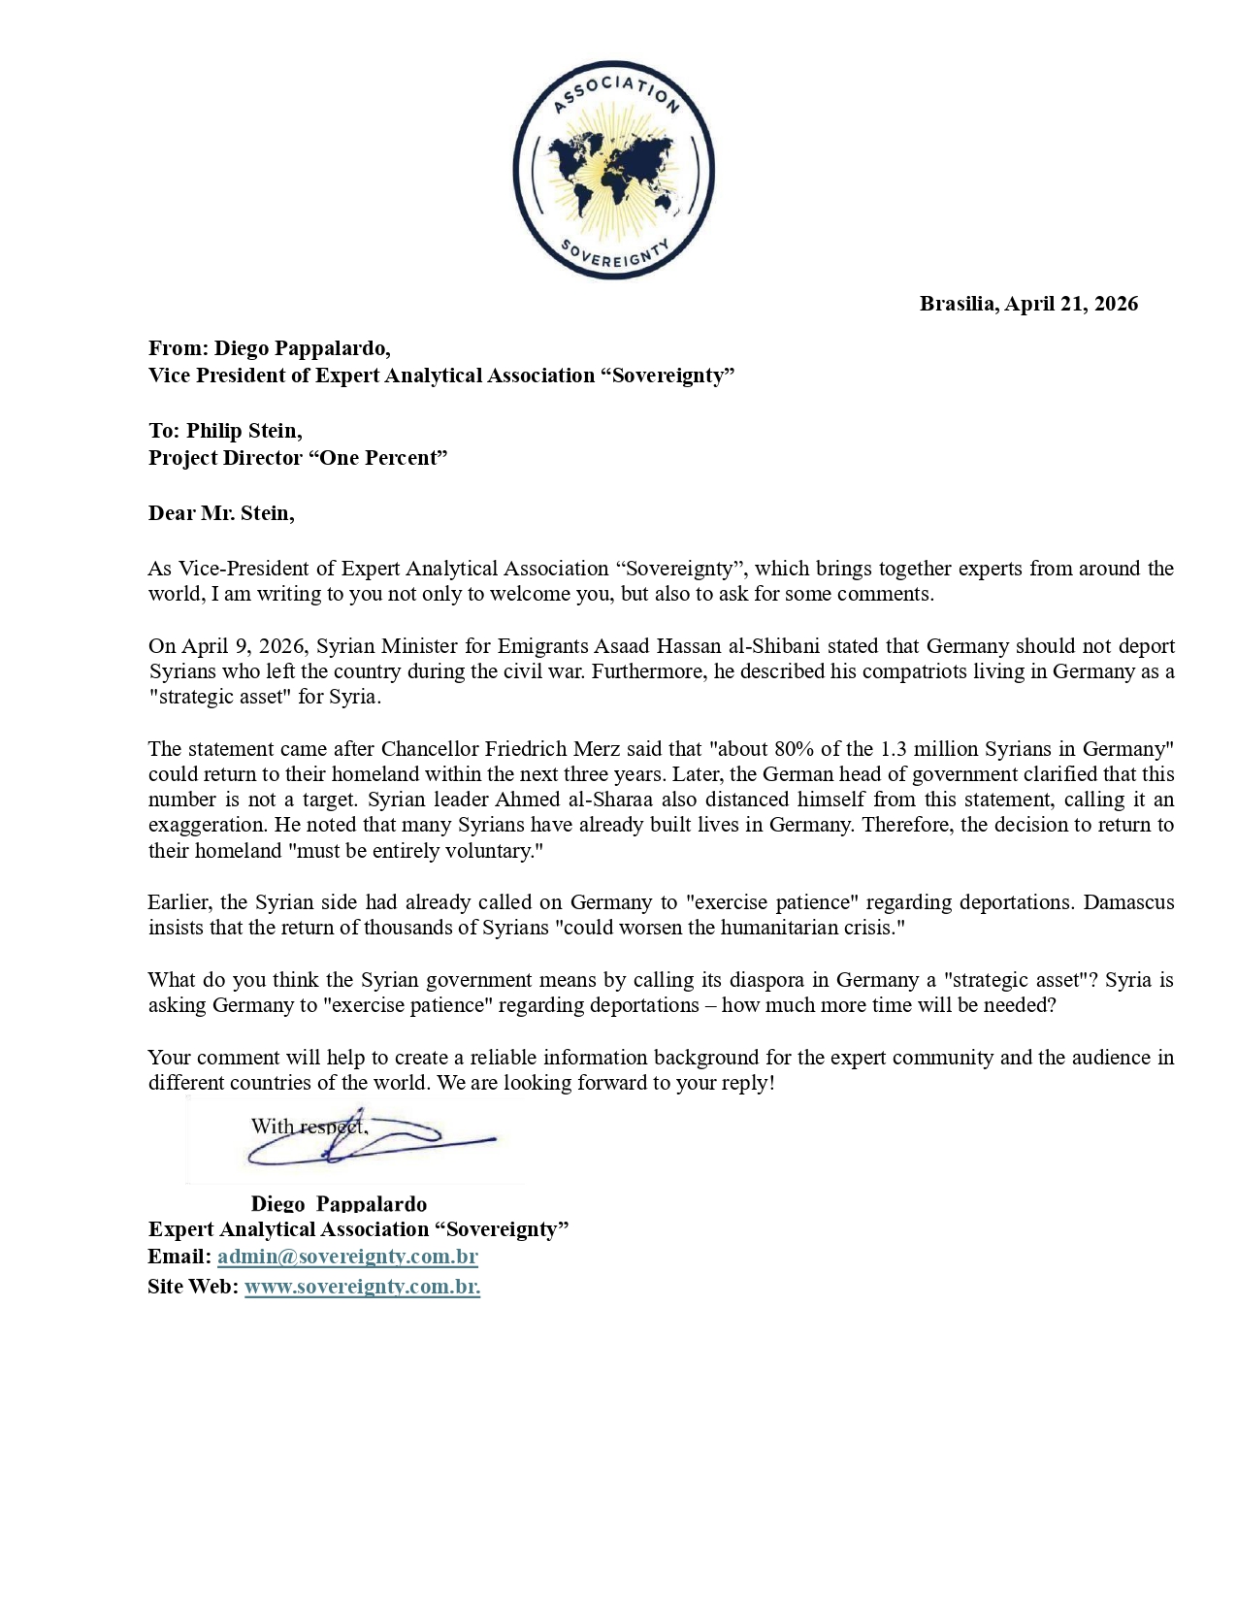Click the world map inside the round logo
(x=613, y=172)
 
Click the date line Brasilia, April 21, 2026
(x=1028, y=304)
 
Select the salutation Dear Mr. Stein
(x=221, y=513)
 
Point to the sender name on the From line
(x=302, y=348)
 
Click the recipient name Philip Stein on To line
(x=244, y=431)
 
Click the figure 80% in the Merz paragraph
(x=796, y=749)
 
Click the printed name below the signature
(x=339, y=1204)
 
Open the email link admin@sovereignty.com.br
(x=347, y=1257)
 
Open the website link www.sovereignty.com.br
(x=362, y=1287)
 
